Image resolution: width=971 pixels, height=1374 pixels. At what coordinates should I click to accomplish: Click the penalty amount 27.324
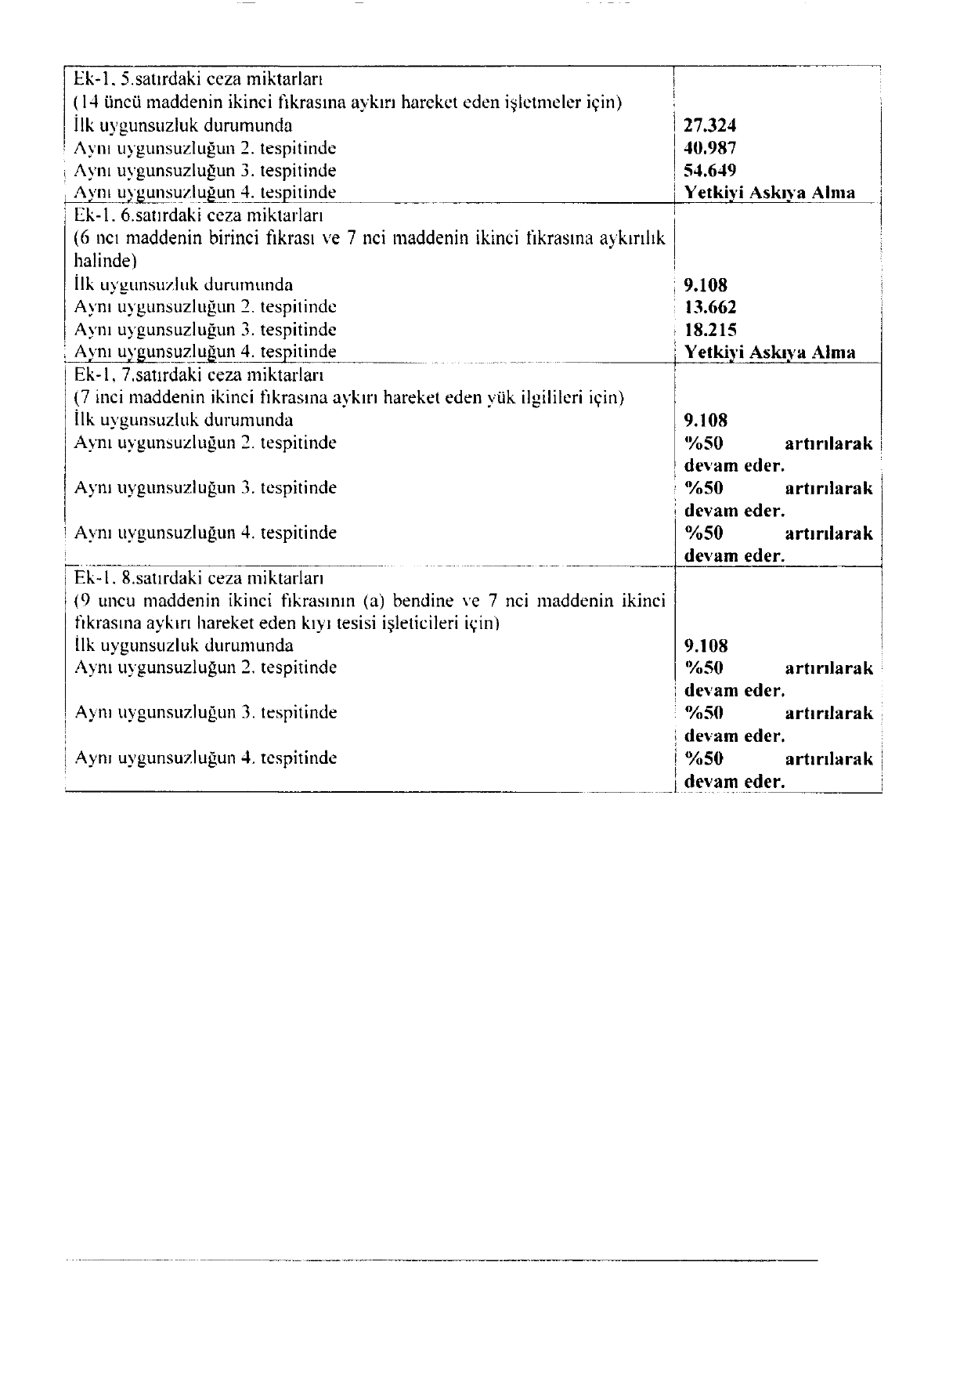click(709, 125)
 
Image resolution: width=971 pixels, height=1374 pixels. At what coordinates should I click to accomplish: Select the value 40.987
click(709, 148)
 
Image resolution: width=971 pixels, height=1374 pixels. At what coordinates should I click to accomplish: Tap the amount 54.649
click(709, 170)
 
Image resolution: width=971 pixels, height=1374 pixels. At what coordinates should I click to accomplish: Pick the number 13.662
click(709, 307)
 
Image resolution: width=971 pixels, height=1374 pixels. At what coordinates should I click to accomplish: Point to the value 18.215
click(709, 330)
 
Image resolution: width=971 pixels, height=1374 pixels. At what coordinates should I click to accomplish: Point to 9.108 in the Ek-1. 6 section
click(706, 285)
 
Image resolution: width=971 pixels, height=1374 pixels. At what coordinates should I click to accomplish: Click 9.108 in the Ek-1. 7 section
click(706, 421)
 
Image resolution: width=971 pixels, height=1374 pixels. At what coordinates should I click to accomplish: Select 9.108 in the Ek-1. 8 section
click(706, 646)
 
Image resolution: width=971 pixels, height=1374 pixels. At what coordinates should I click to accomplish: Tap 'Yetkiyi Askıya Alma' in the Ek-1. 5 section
click(769, 193)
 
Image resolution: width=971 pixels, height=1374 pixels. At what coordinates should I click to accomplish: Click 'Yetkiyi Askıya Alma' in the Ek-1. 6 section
click(769, 353)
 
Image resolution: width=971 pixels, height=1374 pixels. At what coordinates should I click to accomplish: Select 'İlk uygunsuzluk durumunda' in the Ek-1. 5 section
click(183, 125)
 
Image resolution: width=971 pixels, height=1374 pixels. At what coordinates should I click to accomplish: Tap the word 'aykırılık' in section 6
click(632, 237)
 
